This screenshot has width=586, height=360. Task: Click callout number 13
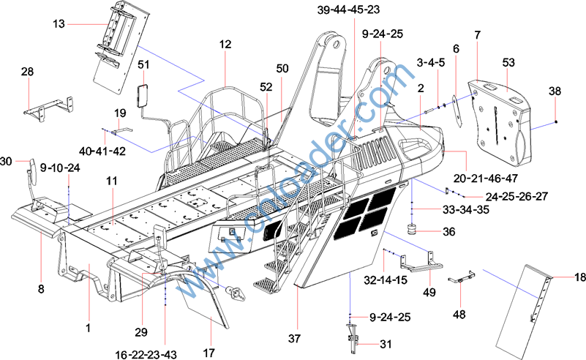point(59,24)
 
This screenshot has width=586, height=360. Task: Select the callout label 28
point(27,72)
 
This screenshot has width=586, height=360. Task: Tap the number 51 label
point(143,64)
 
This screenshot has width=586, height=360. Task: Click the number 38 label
point(556,91)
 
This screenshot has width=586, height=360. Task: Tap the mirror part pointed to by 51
point(143,96)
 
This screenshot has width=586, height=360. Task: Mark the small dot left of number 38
point(556,121)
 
